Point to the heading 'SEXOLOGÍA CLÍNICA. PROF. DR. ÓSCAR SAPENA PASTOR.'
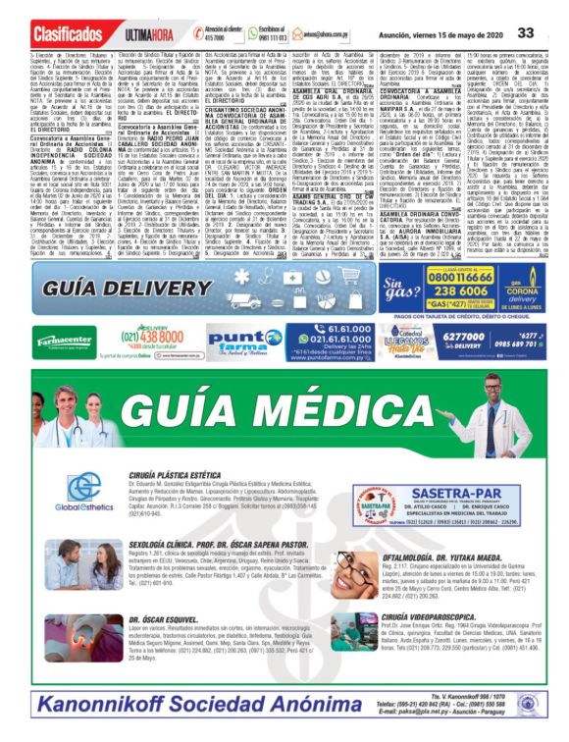click(x=230, y=543)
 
